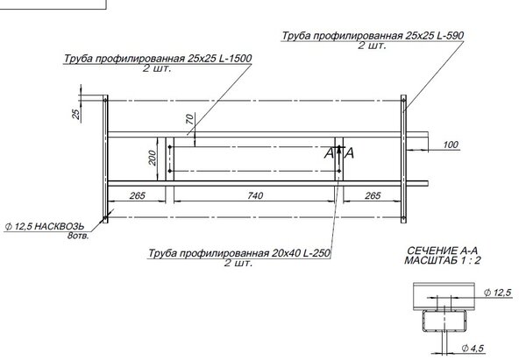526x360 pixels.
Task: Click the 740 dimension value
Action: point(255,195)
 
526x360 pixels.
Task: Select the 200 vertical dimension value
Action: point(153,158)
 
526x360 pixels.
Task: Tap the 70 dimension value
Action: point(189,119)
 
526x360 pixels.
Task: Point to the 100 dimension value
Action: point(451,145)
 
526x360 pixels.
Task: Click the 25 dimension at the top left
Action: point(76,114)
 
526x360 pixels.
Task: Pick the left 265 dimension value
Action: point(138,195)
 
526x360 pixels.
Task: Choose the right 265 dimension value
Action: point(373,195)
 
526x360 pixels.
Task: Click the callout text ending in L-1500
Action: point(158,59)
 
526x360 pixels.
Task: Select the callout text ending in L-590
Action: point(373,36)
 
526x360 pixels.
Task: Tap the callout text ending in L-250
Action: point(239,253)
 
